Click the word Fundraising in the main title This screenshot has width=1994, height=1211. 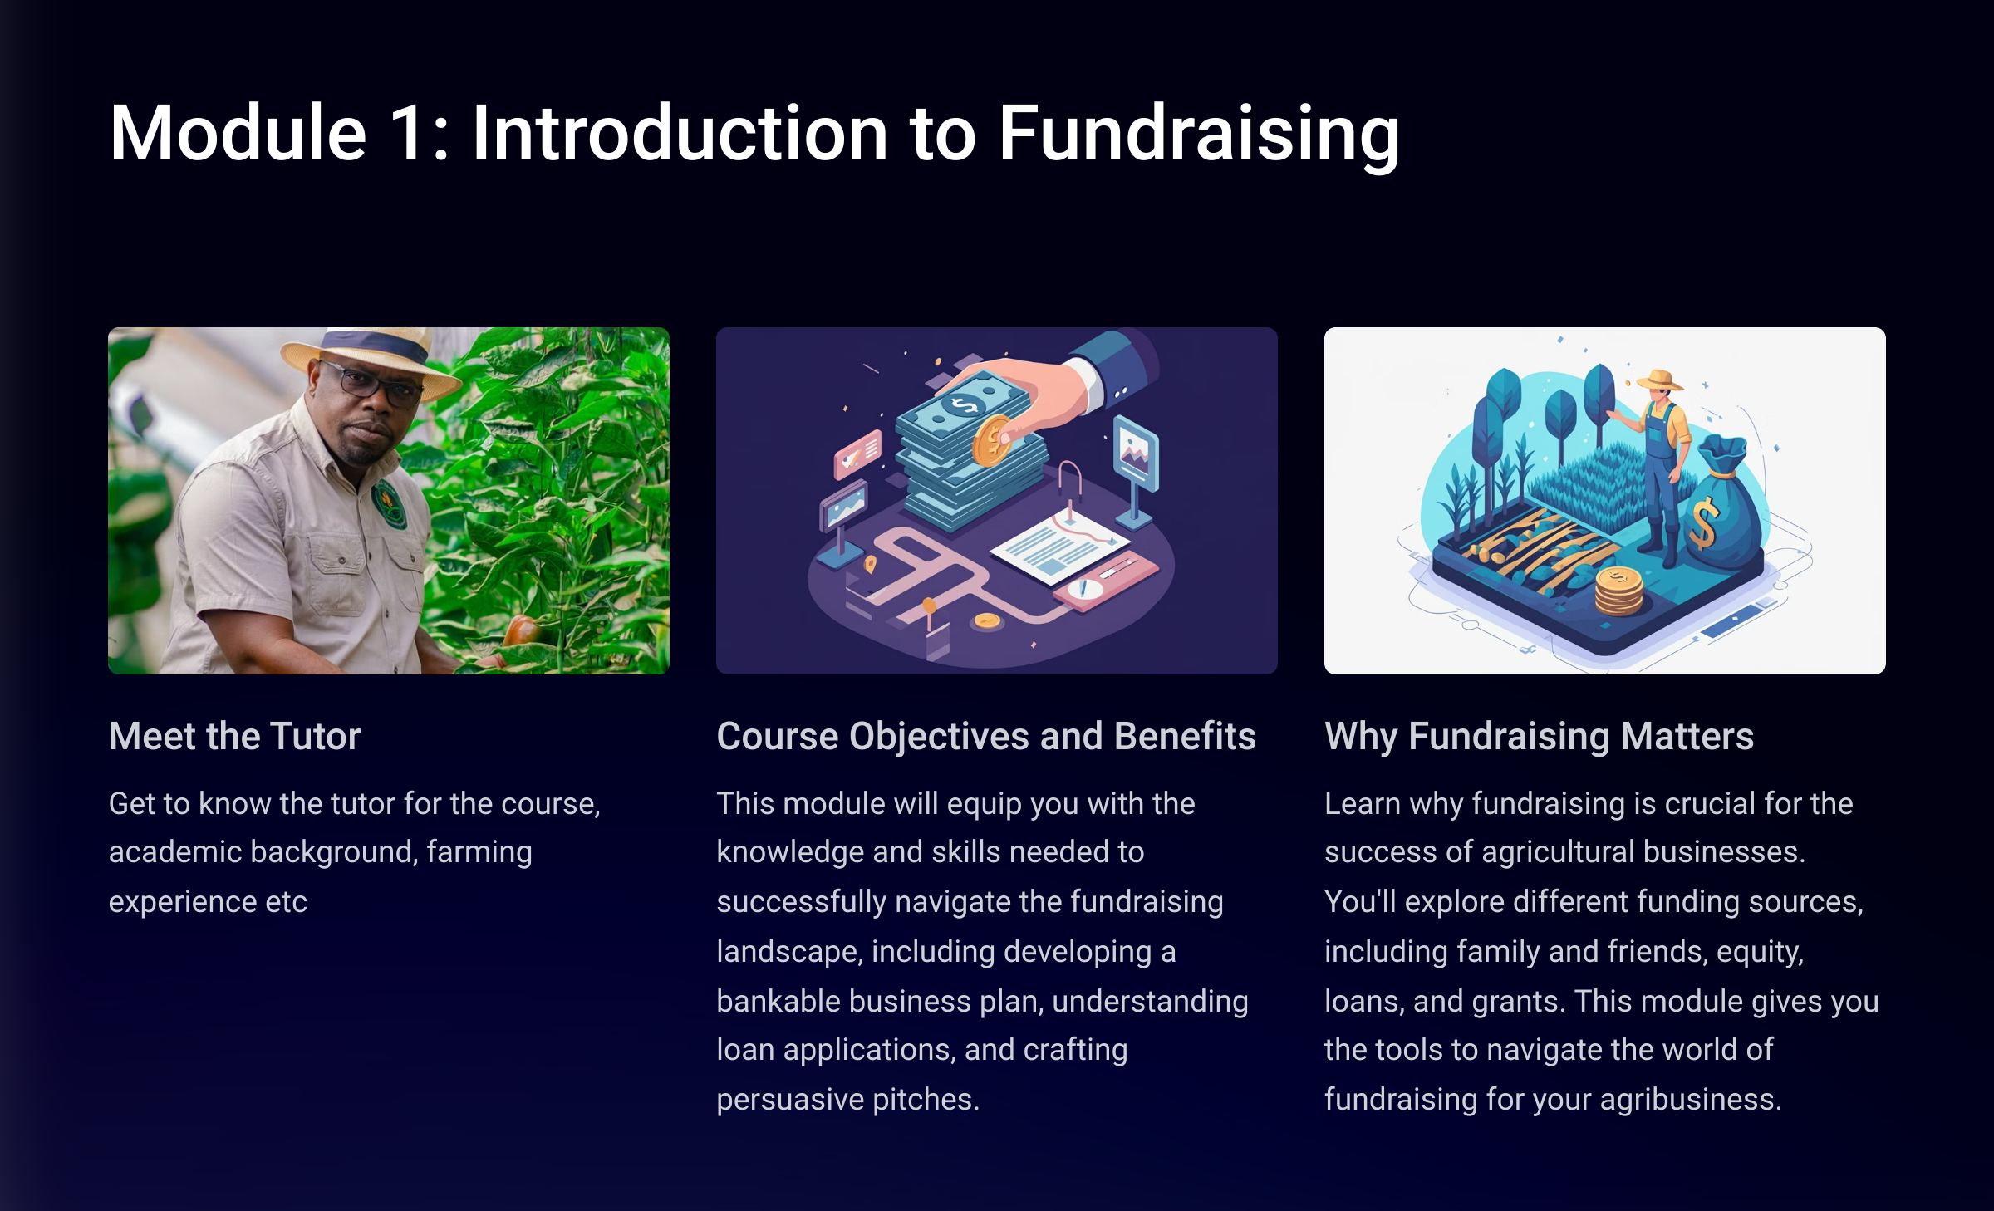coord(1199,135)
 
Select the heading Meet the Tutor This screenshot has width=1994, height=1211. coord(234,736)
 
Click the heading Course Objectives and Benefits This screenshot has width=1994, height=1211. coord(986,737)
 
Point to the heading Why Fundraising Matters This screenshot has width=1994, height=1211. coord(1539,737)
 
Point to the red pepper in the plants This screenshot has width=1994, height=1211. coord(523,630)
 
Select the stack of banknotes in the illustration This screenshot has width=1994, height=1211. coord(968,453)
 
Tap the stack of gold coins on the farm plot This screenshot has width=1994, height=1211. coord(1618,591)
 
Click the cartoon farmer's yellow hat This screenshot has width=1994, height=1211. coord(1660,380)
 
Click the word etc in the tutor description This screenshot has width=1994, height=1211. coord(286,902)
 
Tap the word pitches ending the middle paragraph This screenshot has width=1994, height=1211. coord(926,1100)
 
